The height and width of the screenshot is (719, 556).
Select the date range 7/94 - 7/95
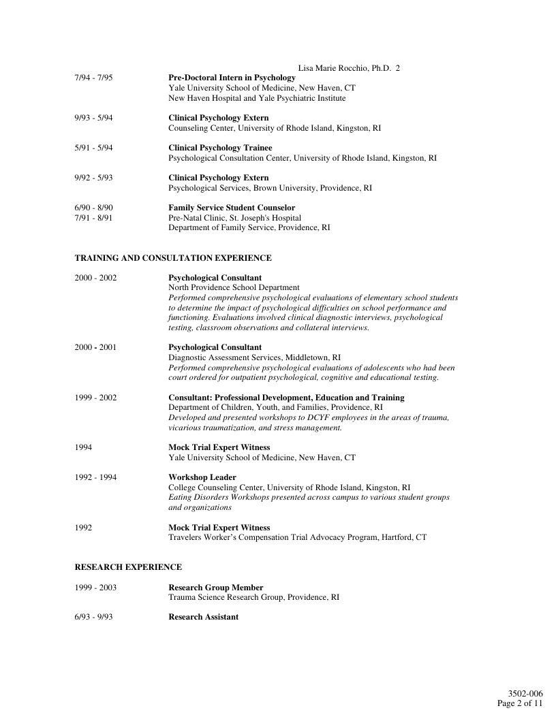tap(93, 78)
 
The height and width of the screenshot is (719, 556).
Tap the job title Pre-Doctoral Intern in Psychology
tap(232, 78)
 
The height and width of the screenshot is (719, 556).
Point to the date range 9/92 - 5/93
tap(93, 178)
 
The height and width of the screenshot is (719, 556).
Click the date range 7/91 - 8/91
tap(93, 218)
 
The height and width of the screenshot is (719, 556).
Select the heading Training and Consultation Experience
tap(173, 258)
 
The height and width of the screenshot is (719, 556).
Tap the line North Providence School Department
tap(234, 288)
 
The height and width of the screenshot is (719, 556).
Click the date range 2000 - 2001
tap(95, 347)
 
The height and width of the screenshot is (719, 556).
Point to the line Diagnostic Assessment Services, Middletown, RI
tap(254, 357)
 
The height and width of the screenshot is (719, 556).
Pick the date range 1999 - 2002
tap(95, 398)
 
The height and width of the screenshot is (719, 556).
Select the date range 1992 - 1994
tap(95, 477)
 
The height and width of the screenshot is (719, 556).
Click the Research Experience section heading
tap(128, 566)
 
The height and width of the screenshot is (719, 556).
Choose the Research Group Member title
tap(216, 587)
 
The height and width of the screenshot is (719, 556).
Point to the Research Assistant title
tap(204, 617)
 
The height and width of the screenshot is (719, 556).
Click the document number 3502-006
tap(525, 694)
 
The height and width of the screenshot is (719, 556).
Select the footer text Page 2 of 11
tap(520, 703)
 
